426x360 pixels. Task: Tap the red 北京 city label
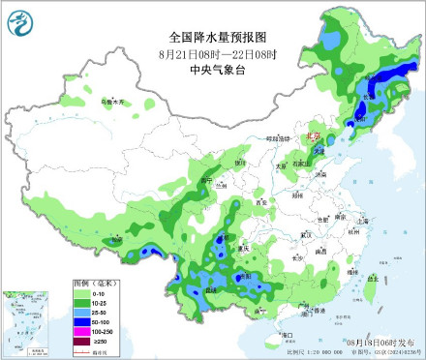tap(313, 137)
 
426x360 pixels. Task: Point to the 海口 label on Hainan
tap(286, 332)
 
